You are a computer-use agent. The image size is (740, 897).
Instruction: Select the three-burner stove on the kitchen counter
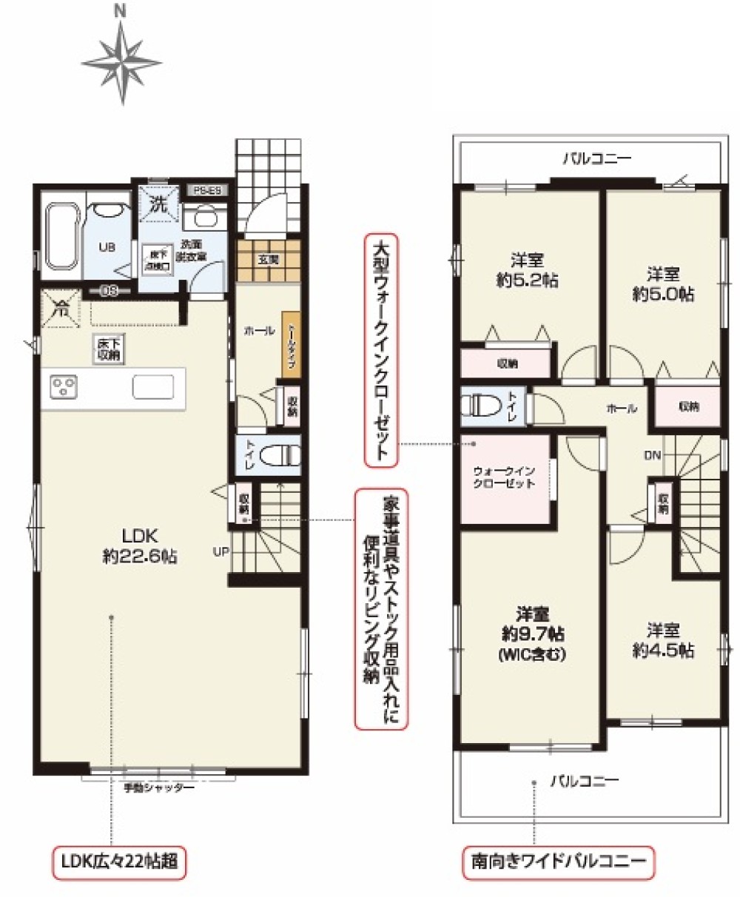[x=64, y=386]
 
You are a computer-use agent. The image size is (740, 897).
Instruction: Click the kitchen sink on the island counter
[x=153, y=386]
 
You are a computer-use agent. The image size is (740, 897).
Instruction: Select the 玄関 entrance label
[x=269, y=260]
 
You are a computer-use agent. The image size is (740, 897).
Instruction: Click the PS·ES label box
[x=209, y=191]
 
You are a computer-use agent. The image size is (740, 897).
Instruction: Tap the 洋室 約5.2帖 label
[x=528, y=269]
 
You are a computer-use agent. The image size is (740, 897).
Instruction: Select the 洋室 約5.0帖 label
[x=662, y=283]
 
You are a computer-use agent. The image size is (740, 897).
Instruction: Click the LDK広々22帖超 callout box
[x=118, y=861]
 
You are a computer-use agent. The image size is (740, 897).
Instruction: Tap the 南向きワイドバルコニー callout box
[x=558, y=861]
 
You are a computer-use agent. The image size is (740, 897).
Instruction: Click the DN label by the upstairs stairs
[x=652, y=454]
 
